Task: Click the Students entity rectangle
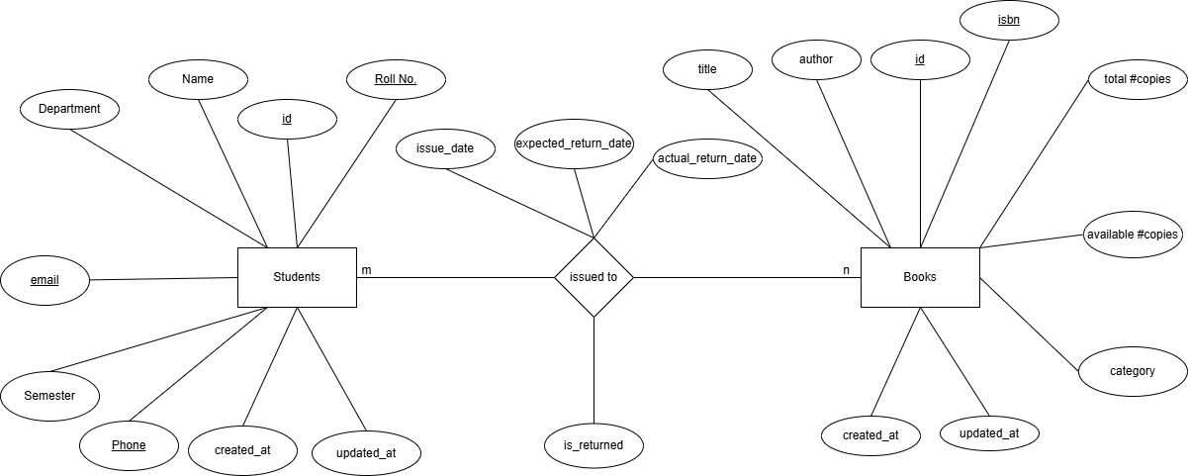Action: [x=296, y=277]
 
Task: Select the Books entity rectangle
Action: [x=920, y=277]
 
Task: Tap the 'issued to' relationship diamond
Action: [x=594, y=277]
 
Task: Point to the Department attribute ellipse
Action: [x=69, y=109]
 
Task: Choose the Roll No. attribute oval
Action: [x=395, y=79]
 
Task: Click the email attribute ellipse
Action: [x=45, y=280]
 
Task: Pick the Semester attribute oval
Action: [x=50, y=396]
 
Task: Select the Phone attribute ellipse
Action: [x=129, y=445]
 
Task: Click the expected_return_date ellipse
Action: [x=574, y=144]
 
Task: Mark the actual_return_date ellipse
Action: [x=707, y=158]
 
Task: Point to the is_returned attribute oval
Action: [x=594, y=445]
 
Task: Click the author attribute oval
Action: [x=816, y=59]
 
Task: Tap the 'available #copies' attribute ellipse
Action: [x=1132, y=235]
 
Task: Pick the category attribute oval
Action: [x=1132, y=371]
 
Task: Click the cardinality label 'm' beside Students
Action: [x=366, y=270]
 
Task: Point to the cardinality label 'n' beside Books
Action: [x=846, y=270]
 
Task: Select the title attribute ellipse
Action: [x=707, y=69]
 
